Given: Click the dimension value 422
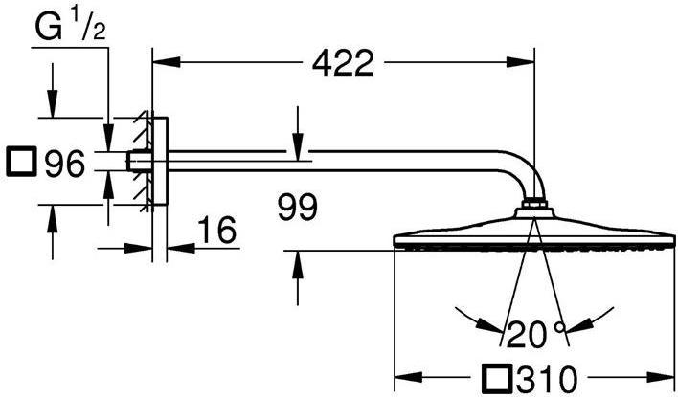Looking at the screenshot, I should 343,64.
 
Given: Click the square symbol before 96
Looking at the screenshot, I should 20,164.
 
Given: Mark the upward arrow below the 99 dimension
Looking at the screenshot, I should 298,262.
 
